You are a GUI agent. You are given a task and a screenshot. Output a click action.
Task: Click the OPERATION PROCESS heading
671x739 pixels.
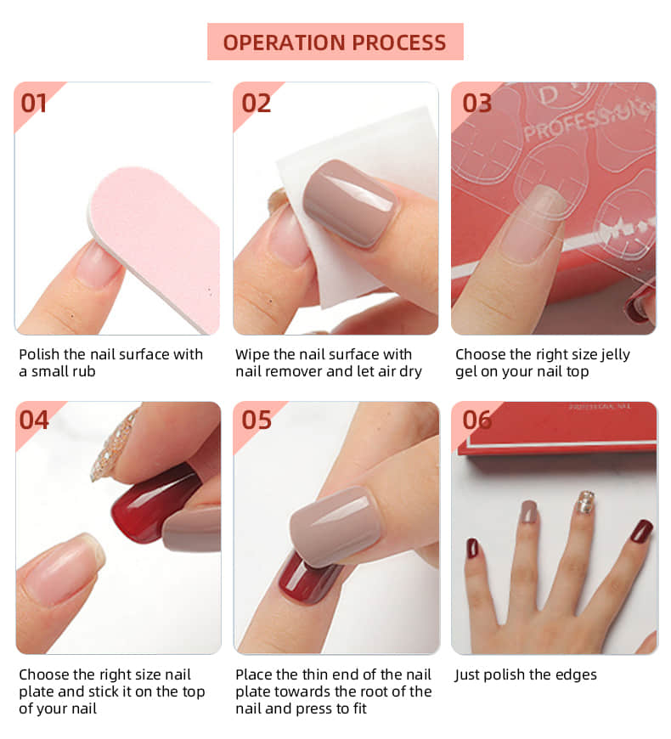tap(335, 42)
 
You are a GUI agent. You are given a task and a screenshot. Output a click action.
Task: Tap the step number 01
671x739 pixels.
tap(34, 103)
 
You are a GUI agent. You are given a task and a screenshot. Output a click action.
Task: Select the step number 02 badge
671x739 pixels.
tap(256, 103)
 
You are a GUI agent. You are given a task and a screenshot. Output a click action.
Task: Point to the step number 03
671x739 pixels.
tap(476, 103)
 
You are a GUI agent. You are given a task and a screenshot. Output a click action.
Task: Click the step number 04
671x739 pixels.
tap(34, 420)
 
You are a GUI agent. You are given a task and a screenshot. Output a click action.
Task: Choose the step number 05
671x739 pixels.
tap(256, 420)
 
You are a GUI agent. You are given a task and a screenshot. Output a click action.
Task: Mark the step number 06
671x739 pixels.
tap(476, 420)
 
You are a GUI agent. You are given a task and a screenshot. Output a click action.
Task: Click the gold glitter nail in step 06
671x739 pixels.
tap(586, 502)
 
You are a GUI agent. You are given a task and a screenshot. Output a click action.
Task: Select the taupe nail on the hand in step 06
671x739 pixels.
tap(528, 511)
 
